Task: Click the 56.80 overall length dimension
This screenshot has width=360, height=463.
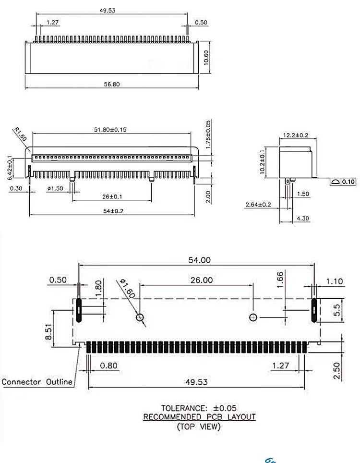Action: (112, 84)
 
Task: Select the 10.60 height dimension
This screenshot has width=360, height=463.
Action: (206, 58)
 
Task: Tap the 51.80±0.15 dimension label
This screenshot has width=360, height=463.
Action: (110, 129)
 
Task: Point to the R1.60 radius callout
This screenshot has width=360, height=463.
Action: (20, 134)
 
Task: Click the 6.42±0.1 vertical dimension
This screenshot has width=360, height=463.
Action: (10, 168)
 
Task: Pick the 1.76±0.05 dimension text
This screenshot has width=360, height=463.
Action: (208, 134)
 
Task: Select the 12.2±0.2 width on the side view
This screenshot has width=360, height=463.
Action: (296, 135)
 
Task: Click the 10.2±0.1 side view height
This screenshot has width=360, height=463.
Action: (263, 162)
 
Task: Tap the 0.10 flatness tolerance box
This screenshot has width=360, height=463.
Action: (348, 182)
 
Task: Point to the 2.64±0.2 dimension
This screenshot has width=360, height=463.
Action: (258, 204)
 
